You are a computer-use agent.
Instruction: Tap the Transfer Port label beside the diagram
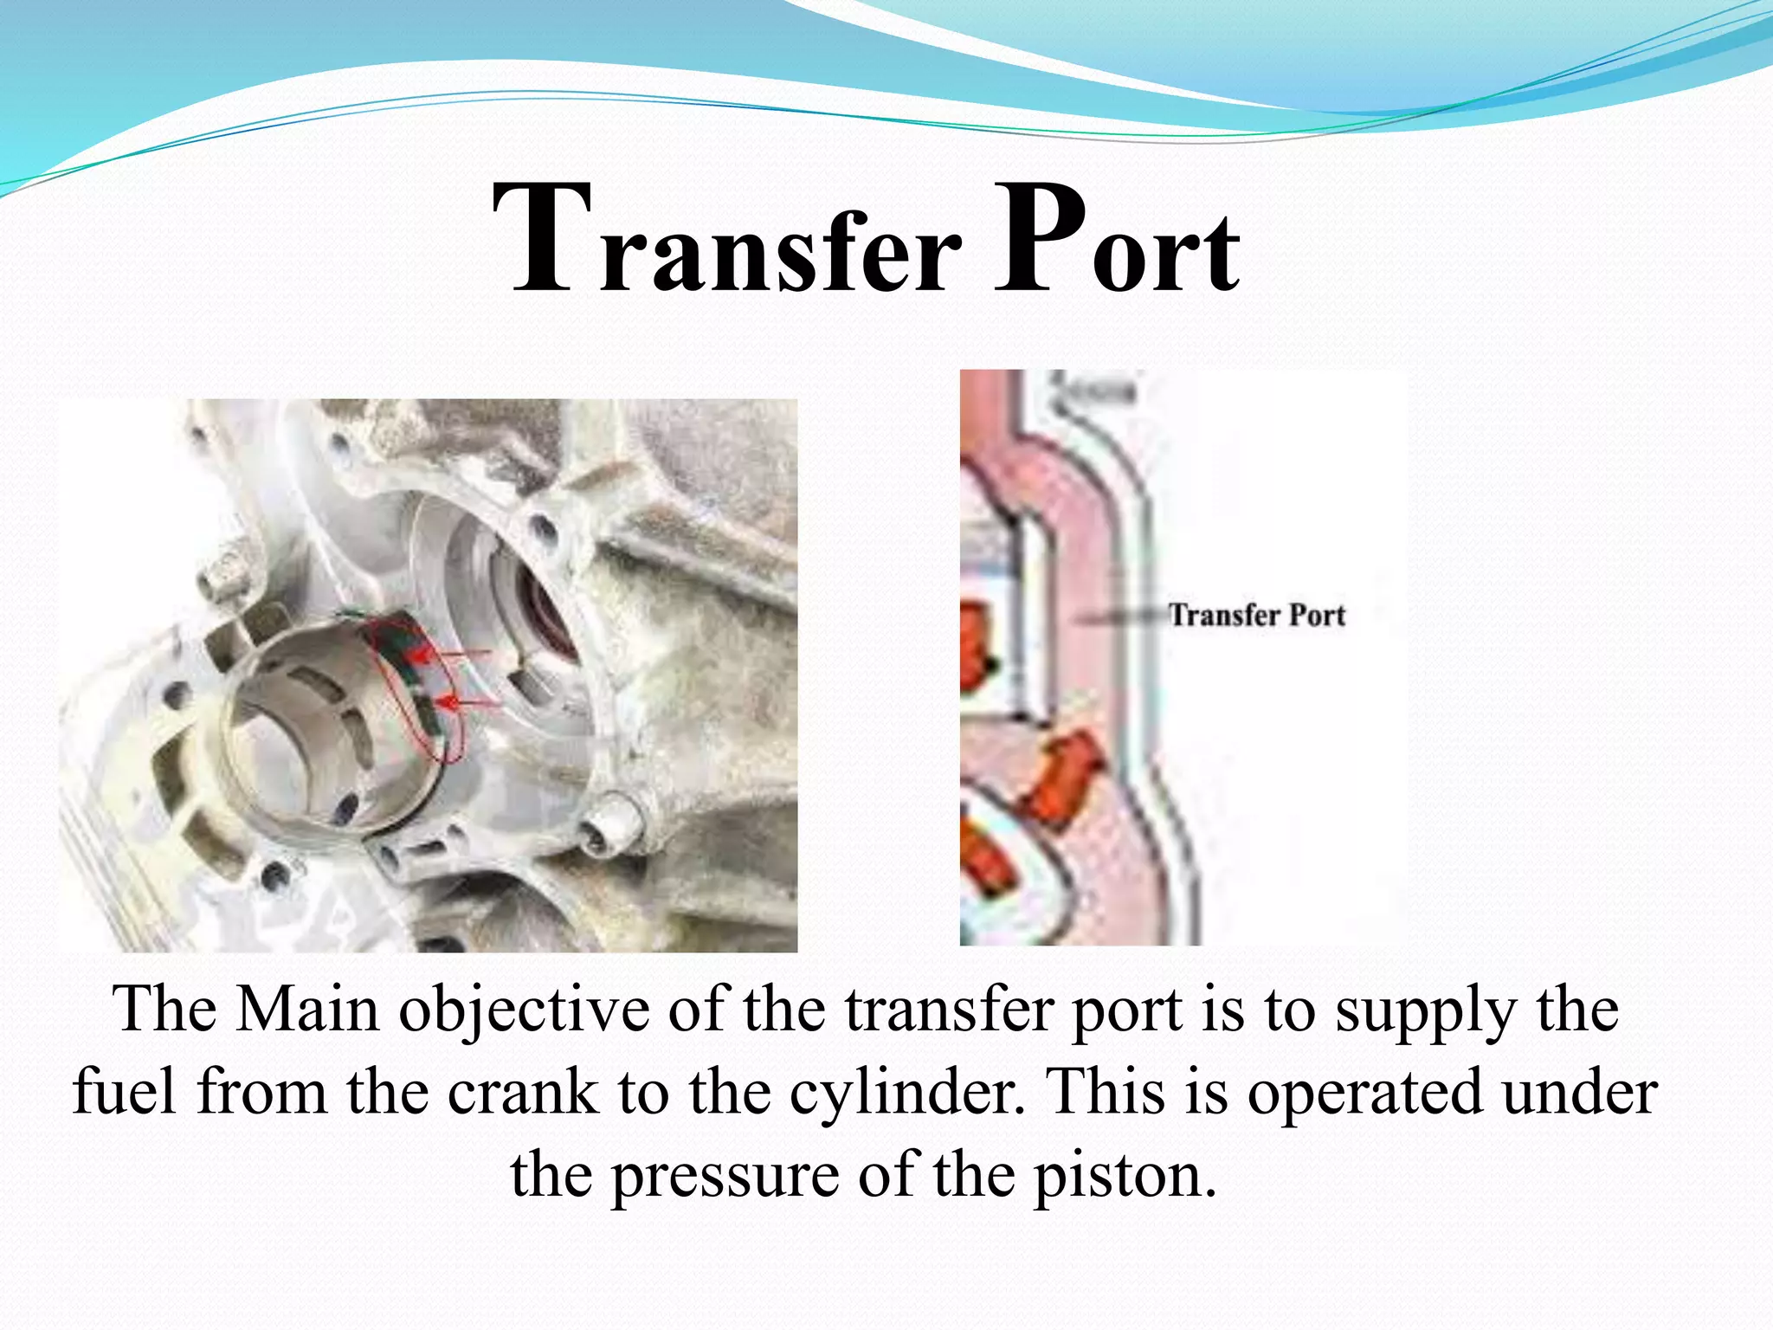(x=1256, y=615)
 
